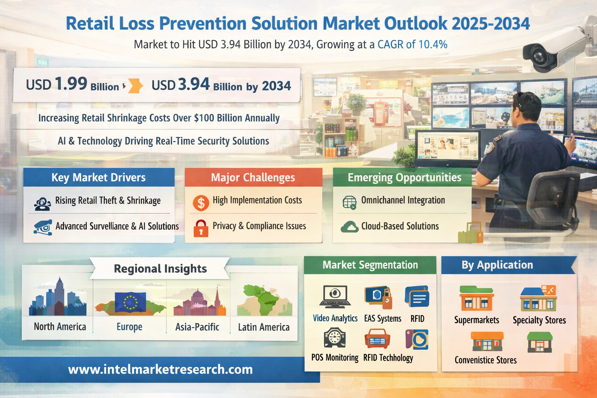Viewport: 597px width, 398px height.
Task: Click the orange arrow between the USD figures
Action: coord(136,86)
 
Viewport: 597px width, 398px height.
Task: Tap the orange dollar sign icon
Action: coord(201,203)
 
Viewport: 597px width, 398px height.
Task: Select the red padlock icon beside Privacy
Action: coord(201,229)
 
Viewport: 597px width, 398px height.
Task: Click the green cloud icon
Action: coord(349,227)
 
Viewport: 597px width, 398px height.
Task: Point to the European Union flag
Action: coord(130,302)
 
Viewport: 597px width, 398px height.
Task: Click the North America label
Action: coord(60,326)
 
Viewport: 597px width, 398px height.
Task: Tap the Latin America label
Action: coord(264,327)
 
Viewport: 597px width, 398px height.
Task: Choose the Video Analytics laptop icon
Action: coord(335,297)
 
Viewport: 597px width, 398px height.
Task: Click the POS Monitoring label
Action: coord(335,358)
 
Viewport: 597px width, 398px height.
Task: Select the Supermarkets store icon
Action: coord(477,298)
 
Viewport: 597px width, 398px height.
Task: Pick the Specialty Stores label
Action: coord(539,320)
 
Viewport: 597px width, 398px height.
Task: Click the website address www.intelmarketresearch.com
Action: coord(160,370)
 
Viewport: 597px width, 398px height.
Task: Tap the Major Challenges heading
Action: coord(253,178)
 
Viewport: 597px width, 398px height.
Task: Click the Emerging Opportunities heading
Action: coord(404,178)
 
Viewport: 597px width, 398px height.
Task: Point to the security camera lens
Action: coord(539,56)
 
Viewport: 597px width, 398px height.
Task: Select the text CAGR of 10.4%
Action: coord(412,45)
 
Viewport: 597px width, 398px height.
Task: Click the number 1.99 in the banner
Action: coord(71,84)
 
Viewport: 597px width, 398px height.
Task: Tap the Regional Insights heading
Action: coord(160,269)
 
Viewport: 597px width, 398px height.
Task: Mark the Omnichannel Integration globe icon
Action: coord(349,202)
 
